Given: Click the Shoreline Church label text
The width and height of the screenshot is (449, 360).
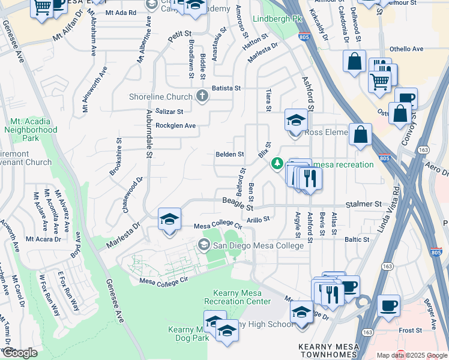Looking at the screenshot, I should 161,97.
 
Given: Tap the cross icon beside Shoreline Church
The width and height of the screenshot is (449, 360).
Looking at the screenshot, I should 203,96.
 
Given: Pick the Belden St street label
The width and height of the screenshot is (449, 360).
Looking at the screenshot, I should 229,154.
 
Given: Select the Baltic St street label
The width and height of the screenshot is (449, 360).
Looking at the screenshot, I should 357,239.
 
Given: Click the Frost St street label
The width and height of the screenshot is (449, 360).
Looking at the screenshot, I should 411,330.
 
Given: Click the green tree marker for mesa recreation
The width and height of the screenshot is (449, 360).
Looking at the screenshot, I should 277,163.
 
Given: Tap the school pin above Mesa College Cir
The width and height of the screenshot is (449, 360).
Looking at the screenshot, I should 170,219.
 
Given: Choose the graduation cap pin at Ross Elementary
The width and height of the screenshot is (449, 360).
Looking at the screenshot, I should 296,120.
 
